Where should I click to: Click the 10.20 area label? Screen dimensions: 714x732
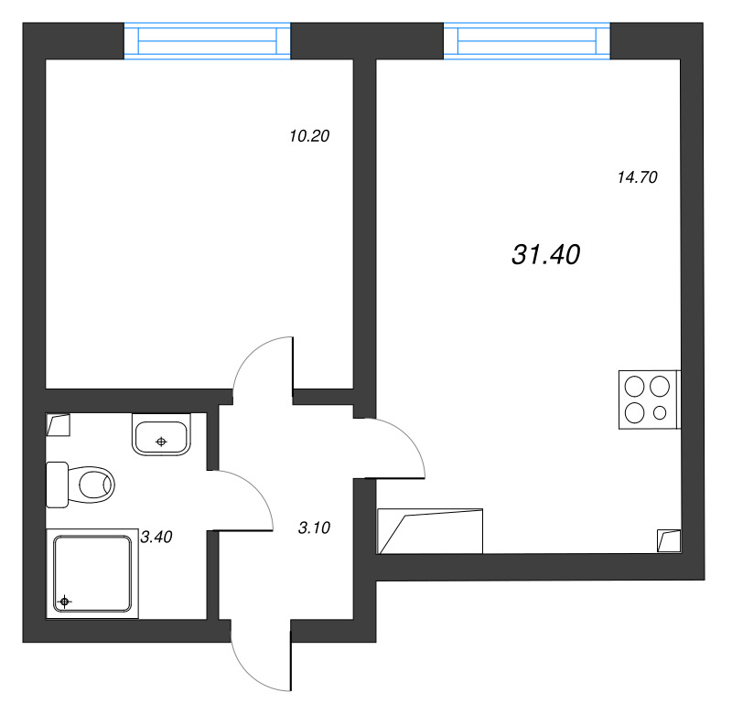click(x=308, y=137)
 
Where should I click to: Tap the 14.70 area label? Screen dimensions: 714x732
click(x=638, y=178)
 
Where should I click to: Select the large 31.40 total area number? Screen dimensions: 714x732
click(x=545, y=256)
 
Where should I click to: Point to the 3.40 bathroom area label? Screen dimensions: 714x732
click(x=156, y=537)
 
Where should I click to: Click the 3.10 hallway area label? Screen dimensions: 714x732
click(x=314, y=528)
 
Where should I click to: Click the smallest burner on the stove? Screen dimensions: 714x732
click(x=660, y=413)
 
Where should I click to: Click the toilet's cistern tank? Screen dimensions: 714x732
click(x=57, y=484)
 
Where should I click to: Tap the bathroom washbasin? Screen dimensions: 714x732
click(x=161, y=434)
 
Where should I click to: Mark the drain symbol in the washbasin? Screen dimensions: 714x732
click(x=161, y=442)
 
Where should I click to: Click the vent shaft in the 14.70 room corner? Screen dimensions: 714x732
click(x=669, y=540)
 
